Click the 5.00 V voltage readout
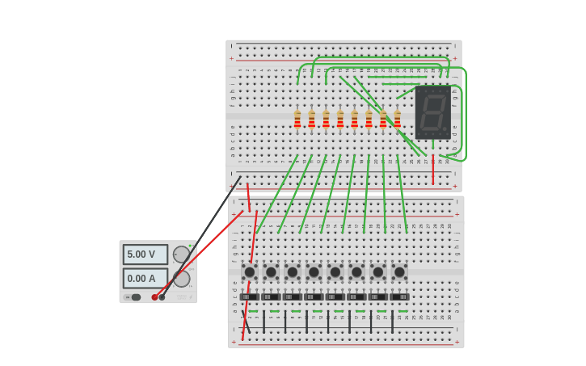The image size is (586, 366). [x=145, y=255]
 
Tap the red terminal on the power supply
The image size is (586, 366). [x=154, y=297]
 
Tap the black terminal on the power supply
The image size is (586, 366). [x=162, y=297]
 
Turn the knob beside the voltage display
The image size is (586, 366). [x=181, y=255]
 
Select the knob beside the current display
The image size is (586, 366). [x=182, y=279]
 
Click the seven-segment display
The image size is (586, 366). [x=432, y=112]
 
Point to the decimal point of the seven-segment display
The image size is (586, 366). [x=445, y=130]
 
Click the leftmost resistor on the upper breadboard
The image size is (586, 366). [x=297, y=120]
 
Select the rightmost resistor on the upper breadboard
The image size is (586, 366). [x=397, y=120]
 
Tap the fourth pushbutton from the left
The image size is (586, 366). [x=314, y=272]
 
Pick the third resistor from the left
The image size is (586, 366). [x=326, y=120]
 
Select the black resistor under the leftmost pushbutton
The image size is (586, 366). [x=249, y=297]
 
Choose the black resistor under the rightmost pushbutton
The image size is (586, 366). [x=399, y=297]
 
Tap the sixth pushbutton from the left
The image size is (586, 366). [x=356, y=272]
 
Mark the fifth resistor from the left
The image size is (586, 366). [x=354, y=120]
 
